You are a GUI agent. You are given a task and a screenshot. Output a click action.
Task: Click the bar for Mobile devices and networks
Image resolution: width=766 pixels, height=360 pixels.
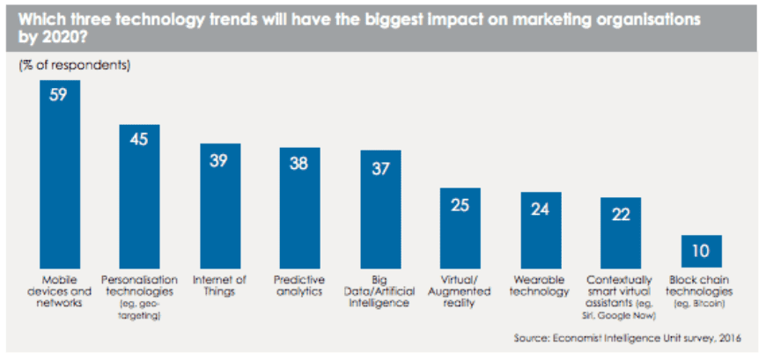[60, 177]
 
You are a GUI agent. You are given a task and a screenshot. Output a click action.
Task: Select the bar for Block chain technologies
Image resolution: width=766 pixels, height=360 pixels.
[702, 255]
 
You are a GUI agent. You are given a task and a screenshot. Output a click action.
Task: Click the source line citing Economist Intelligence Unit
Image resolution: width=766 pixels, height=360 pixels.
[628, 337]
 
